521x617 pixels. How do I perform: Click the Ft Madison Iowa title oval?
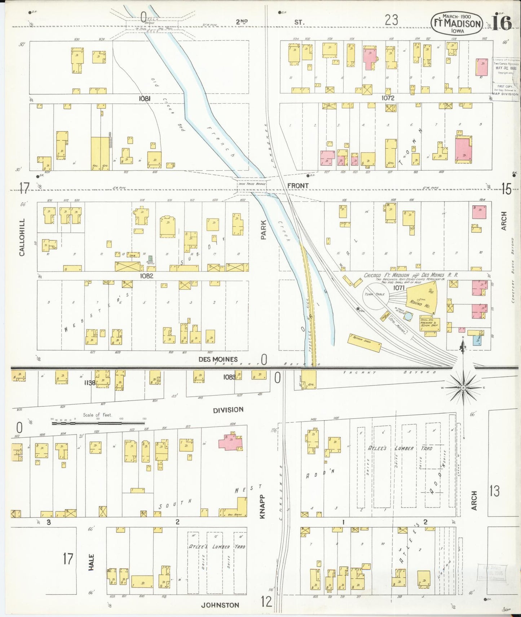point(457,24)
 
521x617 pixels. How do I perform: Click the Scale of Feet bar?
point(98,423)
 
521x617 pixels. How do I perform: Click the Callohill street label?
point(22,237)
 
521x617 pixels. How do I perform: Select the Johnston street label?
point(220,605)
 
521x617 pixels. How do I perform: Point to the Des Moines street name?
point(218,359)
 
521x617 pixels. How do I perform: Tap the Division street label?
point(228,410)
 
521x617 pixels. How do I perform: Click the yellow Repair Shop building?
point(364,342)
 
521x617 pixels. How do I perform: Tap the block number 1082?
point(147,276)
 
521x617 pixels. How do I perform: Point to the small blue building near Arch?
point(478,340)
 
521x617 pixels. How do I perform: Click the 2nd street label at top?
point(242,22)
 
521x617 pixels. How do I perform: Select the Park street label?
point(264,230)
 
